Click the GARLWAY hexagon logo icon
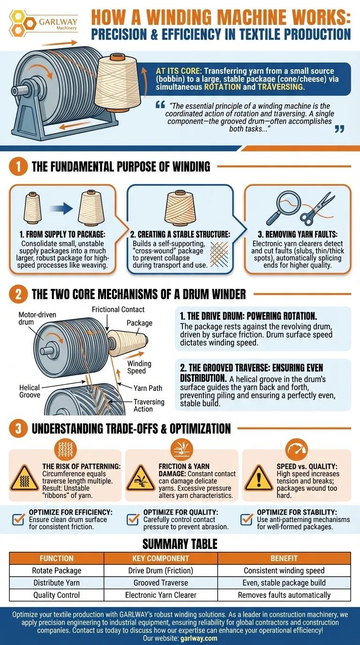pos(22,23)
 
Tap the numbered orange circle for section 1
pos(18,166)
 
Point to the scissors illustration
pos(317,209)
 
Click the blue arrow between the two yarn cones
pos(61,208)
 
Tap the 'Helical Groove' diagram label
pos(30,391)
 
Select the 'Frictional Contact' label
pos(118,309)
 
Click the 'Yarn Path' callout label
pos(148,388)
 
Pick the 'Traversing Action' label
pos(149,405)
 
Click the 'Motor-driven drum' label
pos(37,318)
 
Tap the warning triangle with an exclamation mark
pos(258,478)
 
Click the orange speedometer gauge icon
pos(296,450)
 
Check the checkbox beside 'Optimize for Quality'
pos(133,519)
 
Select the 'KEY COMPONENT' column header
pos(161,558)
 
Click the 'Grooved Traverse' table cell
pos(161,583)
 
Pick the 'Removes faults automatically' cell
pos(284,595)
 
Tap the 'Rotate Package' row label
pos(56,570)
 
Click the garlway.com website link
pos(199,638)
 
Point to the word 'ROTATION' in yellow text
pos(222,87)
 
